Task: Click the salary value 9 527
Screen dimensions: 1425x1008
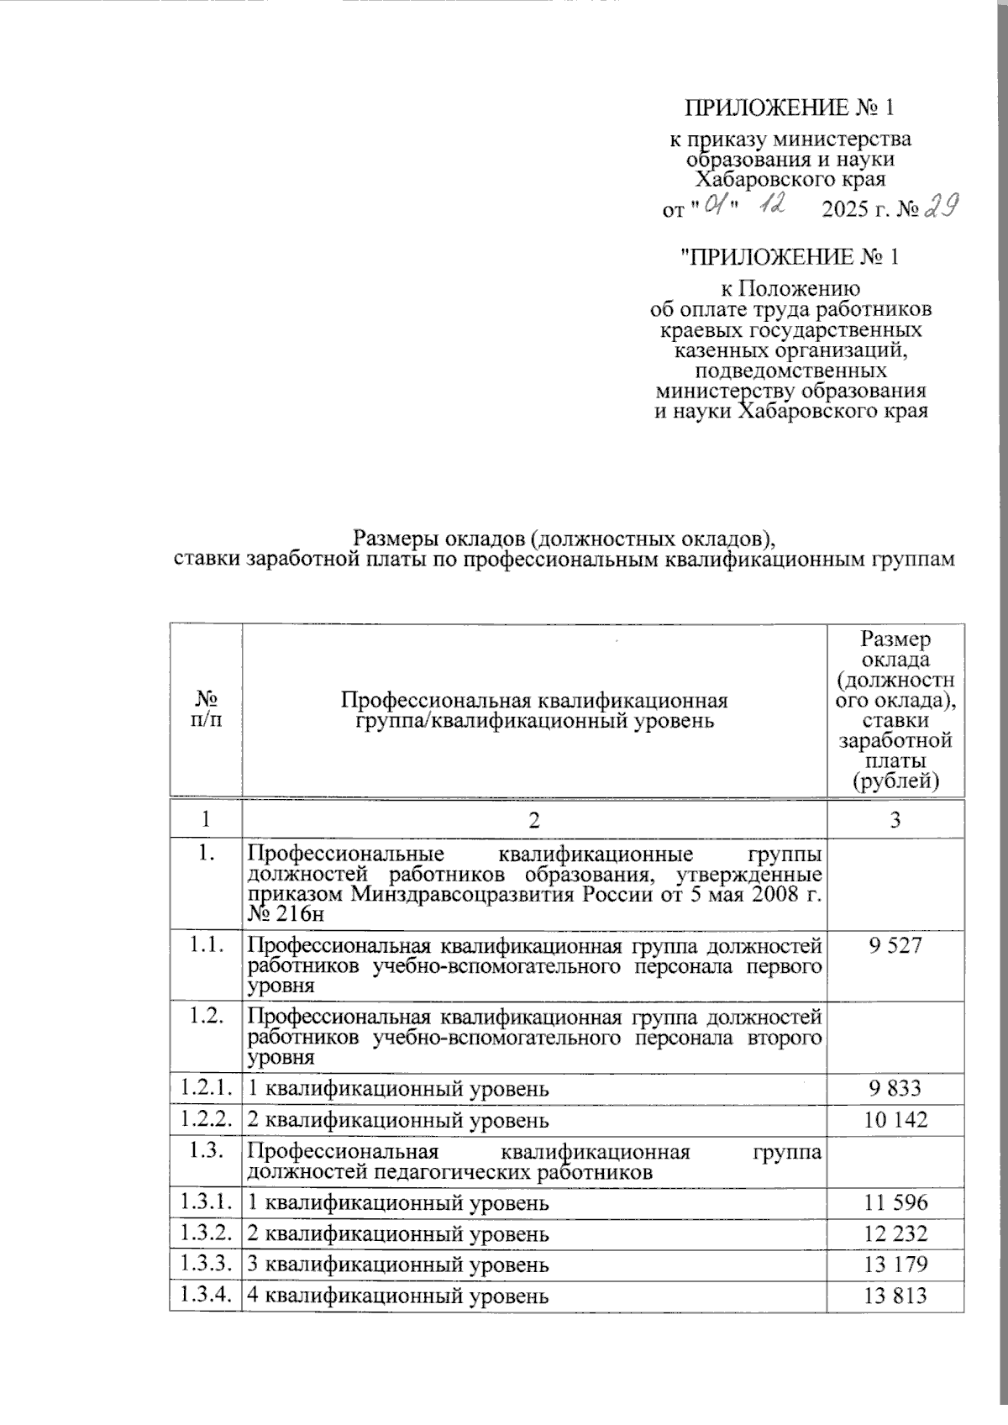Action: point(895,945)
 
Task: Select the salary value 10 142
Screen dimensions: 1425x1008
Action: point(895,1120)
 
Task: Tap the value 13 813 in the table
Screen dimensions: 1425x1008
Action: point(895,1295)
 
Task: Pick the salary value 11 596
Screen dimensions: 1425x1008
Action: point(895,1202)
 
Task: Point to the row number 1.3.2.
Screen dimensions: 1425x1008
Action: point(204,1233)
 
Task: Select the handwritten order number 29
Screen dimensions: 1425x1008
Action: point(941,206)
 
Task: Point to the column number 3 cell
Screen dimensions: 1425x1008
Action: point(895,820)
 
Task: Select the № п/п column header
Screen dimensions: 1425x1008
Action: point(205,710)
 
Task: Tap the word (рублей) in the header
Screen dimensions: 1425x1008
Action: point(895,783)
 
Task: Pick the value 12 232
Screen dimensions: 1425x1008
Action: point(895,1233)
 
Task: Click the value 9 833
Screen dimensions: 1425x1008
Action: point(895,1089)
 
